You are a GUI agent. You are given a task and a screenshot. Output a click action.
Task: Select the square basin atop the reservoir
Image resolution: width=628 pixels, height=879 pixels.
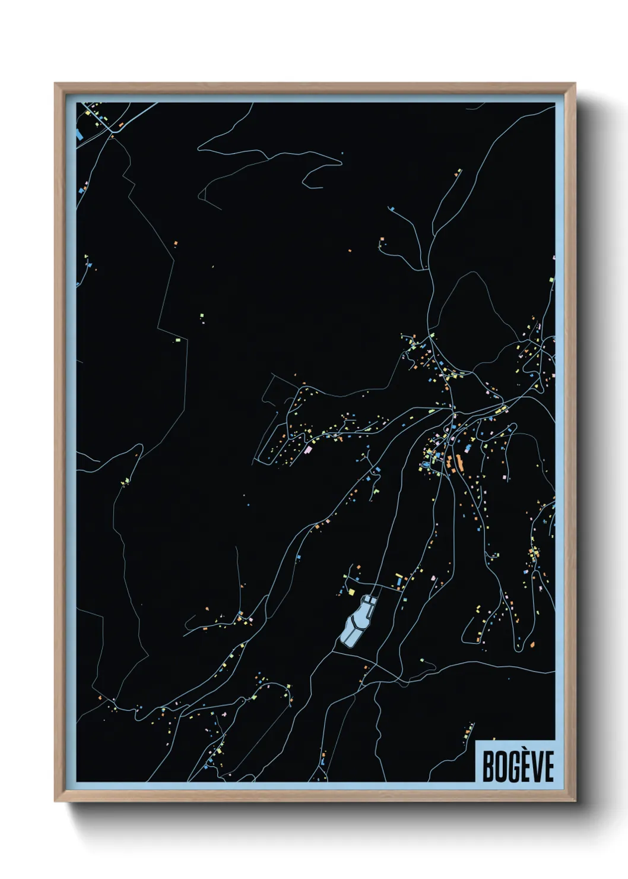pyautogui.click(x=369, y=602)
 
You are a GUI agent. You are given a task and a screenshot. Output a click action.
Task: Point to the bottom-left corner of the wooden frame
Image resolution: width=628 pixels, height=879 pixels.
pyautogui.click(x=56, y=800)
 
